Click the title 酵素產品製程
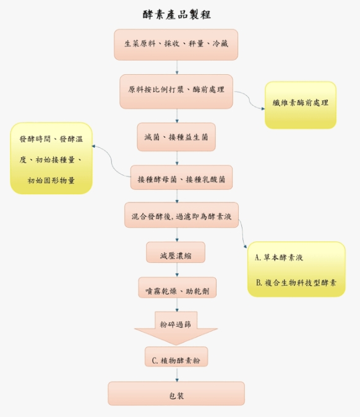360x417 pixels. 177,15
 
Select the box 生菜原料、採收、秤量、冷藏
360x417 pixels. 176,45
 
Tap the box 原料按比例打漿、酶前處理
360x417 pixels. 176,92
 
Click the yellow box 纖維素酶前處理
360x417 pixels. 301,105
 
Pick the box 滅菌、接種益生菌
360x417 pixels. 176,137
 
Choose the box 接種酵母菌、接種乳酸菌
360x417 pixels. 181,178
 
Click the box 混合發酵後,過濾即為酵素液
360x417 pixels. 181,215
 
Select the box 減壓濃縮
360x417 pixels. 176,252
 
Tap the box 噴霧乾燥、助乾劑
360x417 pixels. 178,287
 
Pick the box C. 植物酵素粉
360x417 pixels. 176,356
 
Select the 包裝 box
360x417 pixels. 176,393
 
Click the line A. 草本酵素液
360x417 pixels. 279,257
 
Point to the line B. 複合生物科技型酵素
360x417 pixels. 296,282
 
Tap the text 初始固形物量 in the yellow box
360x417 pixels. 51,181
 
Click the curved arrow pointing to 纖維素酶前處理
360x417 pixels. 249,100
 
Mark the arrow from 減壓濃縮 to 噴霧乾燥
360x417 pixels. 177,270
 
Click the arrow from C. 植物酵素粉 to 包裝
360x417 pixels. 177,374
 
